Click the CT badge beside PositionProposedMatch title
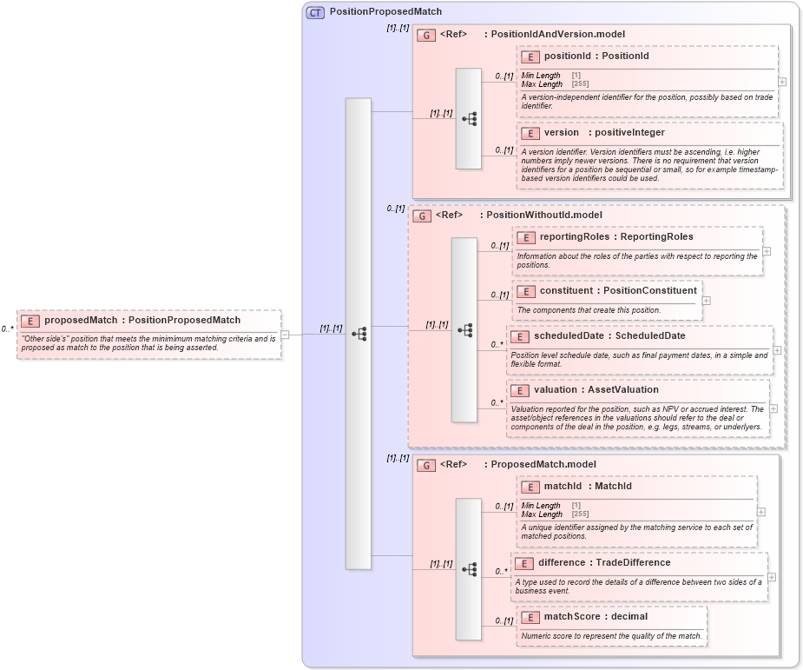click(315, 12)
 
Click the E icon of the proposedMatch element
click(30, 321)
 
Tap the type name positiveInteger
click(629, 133)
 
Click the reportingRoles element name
click(574, 237)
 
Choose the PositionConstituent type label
click(649, 290)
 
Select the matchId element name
click(563, 487)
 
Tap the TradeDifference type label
click(633, 563)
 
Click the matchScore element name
click(571, 617)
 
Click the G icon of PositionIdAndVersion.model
click(426, 35)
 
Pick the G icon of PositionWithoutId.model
click(421, 216)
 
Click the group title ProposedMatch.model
click(543, 465)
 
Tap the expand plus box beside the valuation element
click(773, 408)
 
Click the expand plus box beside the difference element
click(771, 577)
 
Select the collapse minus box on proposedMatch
click(285, 335)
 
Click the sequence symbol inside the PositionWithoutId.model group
click(465, 330)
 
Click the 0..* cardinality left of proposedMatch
click(7, 329)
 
